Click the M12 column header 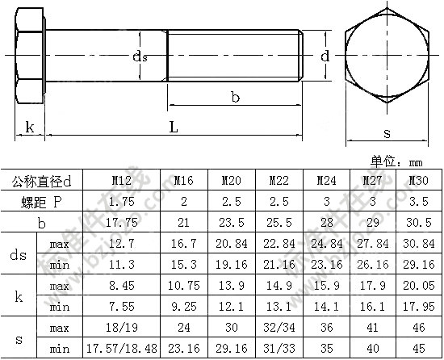click(121, 180)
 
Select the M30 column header click(418, 180)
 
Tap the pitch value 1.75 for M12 click(121, 201)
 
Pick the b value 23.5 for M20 click(232, 223)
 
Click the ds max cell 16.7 click(184, 244)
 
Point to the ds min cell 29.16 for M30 click(419, 264)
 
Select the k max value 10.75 click(184, 285)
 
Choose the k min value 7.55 click(121, 307)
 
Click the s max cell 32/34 click(279, 328)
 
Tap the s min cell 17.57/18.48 click(121, 349)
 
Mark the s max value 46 click(419, 328)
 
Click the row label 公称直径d click(42, 182)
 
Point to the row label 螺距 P click(42, 202)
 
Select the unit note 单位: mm click(396, 161)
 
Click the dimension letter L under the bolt click(174, 127)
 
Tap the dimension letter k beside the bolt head click(30, 127)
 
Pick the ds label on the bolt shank click(140, 57)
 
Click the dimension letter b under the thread click(235, 97)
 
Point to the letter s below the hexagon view click(387, 133)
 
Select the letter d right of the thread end click(325, 56)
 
